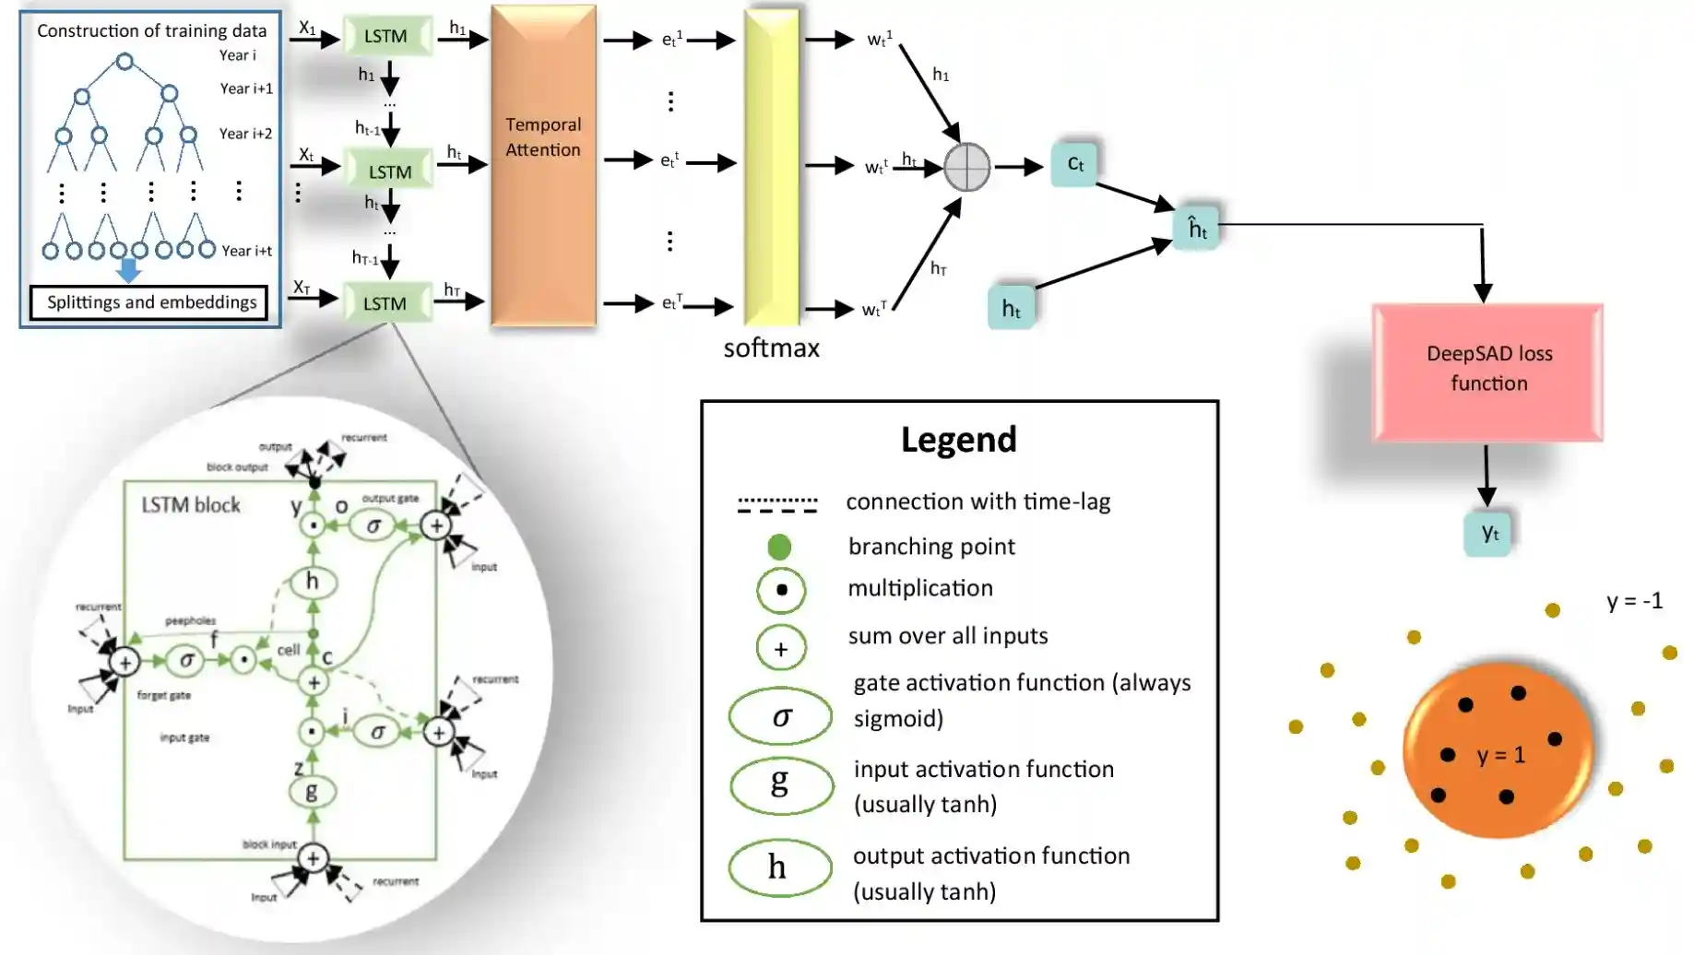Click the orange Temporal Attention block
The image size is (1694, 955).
[x=543, y=166]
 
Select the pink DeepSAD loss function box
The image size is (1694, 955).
[x=1487, y=371]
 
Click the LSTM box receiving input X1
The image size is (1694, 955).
[x=385, y=36]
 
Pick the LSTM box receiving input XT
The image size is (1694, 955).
[x=385, y=303]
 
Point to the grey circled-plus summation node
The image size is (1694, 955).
[x=966, y=167]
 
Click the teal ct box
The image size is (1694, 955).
[x=1074, y=164]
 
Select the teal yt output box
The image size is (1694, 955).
[x=1488, y=533]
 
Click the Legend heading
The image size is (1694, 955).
[x=958, y=440]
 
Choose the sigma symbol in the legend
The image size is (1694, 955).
[x=781, y=716]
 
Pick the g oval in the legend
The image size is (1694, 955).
[x=781, y=784]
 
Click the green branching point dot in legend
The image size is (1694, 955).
[x=779, y=547]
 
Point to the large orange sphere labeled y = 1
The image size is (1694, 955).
[x=1498, y=751]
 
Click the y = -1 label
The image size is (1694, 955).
[x=1634, y=601]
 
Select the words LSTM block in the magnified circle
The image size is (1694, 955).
[x=191, y=505]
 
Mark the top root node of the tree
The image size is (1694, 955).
[x=124, y=62]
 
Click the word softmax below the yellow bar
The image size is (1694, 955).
[x=771, y=348]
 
